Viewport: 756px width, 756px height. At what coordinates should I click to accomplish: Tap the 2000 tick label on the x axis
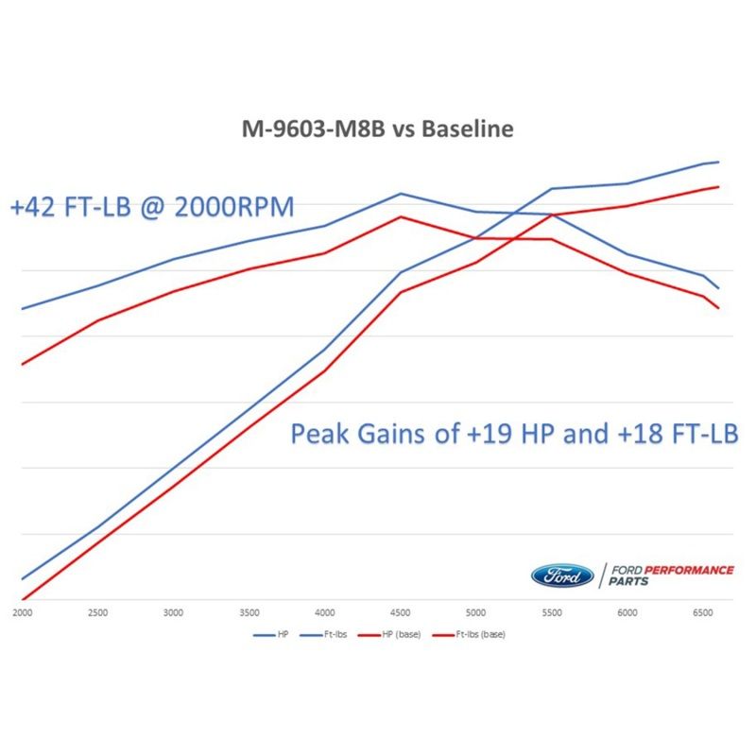(x=22, y=612)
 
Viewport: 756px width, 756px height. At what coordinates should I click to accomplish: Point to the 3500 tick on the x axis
(x=249, y=612)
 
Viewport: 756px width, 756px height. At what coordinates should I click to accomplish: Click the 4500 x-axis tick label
(x=401, y=612)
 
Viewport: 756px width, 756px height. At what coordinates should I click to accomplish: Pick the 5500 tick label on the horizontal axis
(x=552, y=612)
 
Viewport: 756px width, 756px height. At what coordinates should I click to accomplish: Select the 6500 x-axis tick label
(x=703, y=612)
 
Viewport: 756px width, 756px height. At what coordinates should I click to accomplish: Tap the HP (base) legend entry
(x=399, y=634)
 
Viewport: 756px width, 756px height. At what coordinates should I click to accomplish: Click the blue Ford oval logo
(x=562, y=575)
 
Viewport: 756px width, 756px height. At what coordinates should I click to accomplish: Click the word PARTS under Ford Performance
(x=628, y=582)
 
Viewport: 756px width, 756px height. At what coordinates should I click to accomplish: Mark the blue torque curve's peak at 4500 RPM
(x=401, y=194)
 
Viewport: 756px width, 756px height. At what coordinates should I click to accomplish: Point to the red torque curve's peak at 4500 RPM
(x=401, y=216)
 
